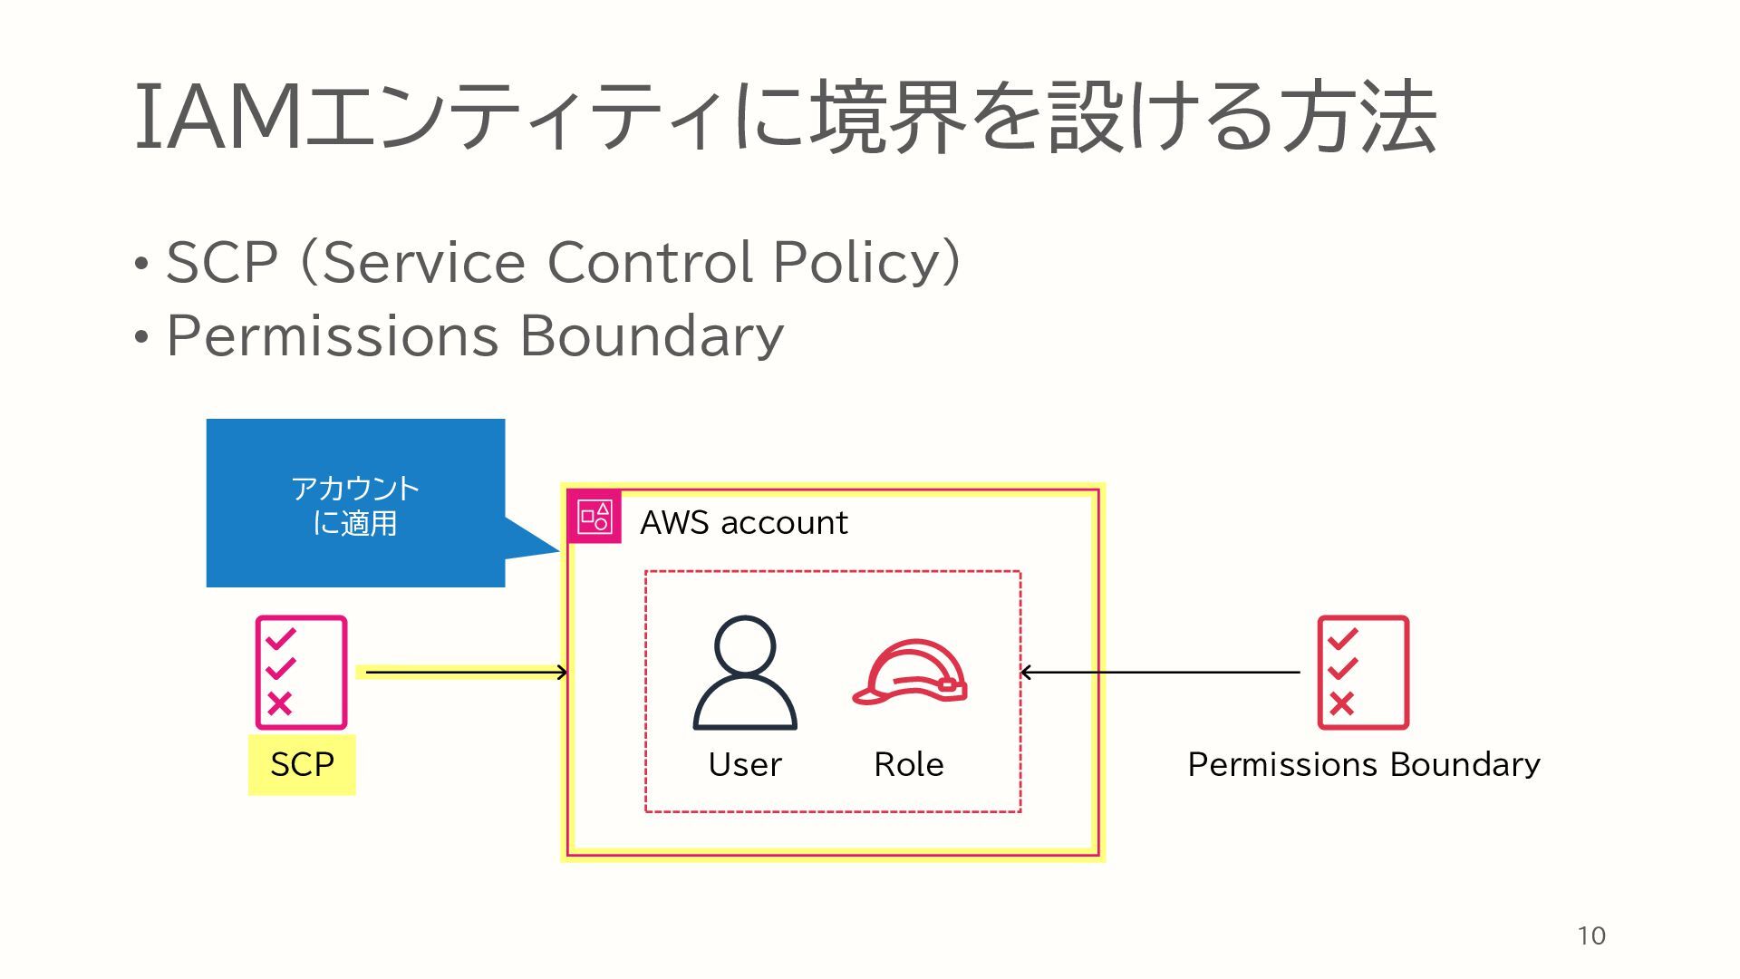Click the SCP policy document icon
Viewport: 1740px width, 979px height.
(x=301, y=673)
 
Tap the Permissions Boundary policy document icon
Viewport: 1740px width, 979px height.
(x=1363, y=673)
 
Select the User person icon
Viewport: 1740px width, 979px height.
(x=745, y=673)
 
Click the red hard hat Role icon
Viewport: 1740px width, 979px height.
(x=910, y=673)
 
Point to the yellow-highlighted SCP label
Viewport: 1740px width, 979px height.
(x=302, y=764)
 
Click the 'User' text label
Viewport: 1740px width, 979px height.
(x=745, y=764)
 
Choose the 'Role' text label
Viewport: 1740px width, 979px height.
(x=909, y=764)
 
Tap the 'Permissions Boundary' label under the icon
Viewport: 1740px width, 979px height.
(x=1364, y=764)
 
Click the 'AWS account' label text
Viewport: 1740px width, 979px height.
(x=744, y=522)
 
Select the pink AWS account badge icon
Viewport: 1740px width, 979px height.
(x=594, y=518)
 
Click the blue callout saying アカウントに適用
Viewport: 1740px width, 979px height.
(x=355, y=504)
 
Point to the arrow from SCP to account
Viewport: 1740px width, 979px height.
(x=466, y=672)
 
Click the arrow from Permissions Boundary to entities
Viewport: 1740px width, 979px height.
(x=1160, y=673)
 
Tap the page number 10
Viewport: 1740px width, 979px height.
(x=1591, y=936)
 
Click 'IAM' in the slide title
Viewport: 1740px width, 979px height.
(x=217, y=118)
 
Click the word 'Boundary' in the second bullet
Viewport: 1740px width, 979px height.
(x=652, y=336)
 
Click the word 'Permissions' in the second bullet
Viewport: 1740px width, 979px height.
(x=333, y=336)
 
